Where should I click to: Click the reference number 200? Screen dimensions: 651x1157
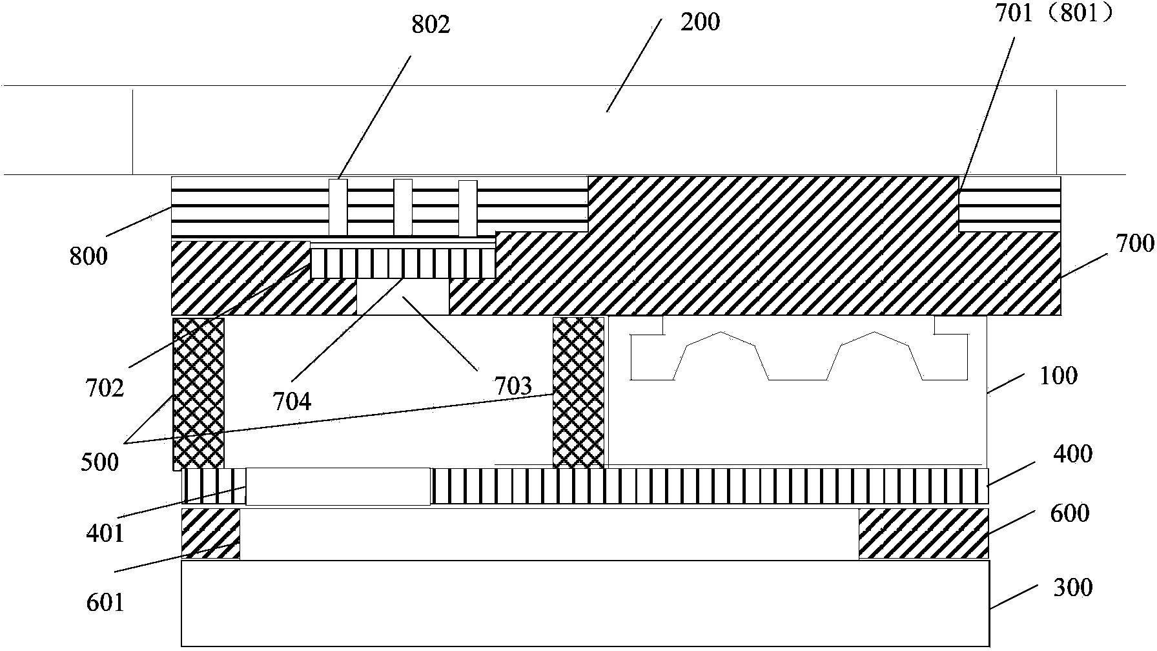pyautogui.click(x=701, y=23)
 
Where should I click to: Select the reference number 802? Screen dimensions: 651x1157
pyautogui.click(x=431, y=25)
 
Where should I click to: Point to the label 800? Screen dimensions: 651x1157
pyautogui.click(x=89, y=256)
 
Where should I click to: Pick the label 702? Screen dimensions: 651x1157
pyautogui.click(x=105, y=388)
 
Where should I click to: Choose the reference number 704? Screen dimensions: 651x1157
pyautogui.click(x=292, y=402)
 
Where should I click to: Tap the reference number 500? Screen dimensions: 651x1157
pyautogui.click(x=100, y=462)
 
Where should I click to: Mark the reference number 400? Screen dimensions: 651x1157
pyautogui.click(x=1072, y=455)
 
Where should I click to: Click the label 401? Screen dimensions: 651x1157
pyautogui.click(x=105, y=533)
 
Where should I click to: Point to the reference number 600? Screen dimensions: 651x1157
pyautogui.click(x=1070, y=513)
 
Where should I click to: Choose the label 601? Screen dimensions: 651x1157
pyautogui.click(x=105, y=603)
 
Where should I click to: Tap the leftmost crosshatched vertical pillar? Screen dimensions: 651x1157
pyautogui.click(x=198, y=393)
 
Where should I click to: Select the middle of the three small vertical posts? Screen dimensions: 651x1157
pyautogui.click(x=403, y=207)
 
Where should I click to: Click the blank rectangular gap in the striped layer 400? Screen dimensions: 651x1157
pyautogui.click(x=338, y=486)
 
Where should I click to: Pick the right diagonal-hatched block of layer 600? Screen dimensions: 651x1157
pyautogui.click(x=923, y=533)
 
